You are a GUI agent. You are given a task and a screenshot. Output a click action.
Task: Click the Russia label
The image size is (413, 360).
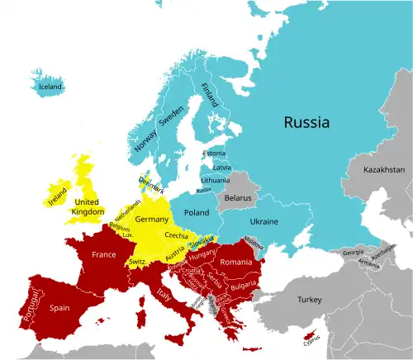306,122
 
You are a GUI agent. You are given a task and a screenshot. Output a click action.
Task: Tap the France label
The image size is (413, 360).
103,255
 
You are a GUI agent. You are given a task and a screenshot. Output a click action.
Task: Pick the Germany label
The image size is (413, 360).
150,220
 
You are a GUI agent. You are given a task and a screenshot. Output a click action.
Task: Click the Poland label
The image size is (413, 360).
197,212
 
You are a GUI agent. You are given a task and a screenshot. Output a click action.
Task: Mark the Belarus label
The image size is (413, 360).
237,198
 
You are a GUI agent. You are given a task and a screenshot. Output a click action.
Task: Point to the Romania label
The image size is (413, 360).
235,262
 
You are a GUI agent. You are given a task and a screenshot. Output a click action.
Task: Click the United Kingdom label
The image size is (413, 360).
89,206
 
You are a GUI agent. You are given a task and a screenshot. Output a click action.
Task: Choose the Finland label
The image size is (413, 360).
211,95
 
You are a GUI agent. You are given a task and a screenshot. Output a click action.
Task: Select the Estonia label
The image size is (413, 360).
213,154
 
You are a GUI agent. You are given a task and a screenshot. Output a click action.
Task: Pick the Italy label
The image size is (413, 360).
165,295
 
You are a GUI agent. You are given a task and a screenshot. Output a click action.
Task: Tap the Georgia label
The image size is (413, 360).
352,251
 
